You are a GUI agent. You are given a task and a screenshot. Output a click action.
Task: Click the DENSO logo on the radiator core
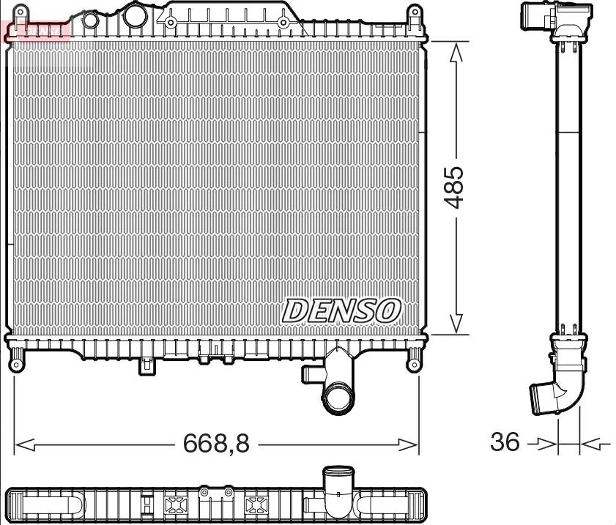[x=341, y=310]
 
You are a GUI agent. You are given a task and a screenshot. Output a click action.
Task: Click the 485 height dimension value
[x=455, y=187]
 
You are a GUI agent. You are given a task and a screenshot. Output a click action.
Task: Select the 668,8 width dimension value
[x=216, y=443]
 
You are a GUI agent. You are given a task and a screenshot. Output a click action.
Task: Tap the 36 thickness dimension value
[x=505, y=442]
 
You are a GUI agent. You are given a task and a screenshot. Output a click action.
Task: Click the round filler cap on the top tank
[x=135, y=15]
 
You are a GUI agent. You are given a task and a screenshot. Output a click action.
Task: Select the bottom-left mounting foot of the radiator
[x=16, y=359]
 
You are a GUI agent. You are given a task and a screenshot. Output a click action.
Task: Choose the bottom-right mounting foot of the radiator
[x=414, y=359]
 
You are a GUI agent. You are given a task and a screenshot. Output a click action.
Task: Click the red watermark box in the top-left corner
[x=35, y=30]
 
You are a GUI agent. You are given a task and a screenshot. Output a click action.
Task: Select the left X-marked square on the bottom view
[x=176, y=504]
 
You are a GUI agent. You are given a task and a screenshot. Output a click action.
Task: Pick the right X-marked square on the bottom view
[x=255, y=504]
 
